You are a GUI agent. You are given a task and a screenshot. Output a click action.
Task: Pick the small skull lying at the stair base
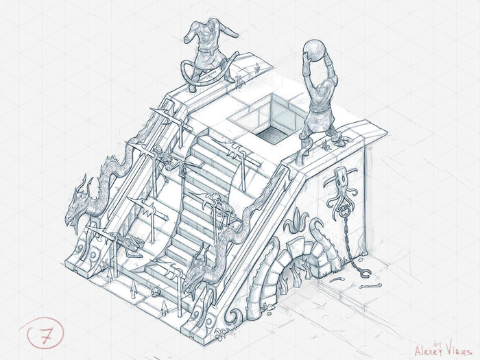155,292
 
